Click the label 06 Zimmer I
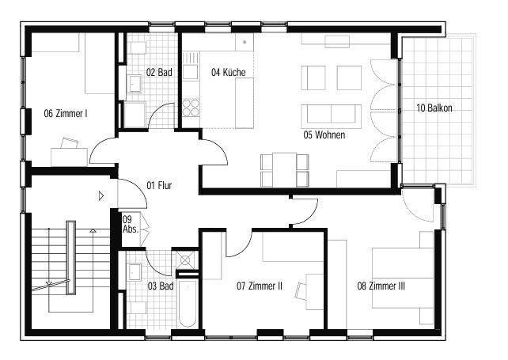66,113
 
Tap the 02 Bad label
159,72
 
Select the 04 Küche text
229,72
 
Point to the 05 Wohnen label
324,135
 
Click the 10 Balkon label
434,108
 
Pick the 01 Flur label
159,185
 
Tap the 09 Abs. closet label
131,224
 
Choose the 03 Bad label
161,286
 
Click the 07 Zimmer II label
260,286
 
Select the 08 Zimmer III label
381,286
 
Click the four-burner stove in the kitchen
191,108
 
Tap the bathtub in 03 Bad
188,303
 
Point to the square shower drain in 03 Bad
185,260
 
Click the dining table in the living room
284,170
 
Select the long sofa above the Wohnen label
331,116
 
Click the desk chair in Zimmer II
301,291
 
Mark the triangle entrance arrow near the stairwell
101,195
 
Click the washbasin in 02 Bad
135,83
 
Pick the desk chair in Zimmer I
70,143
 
